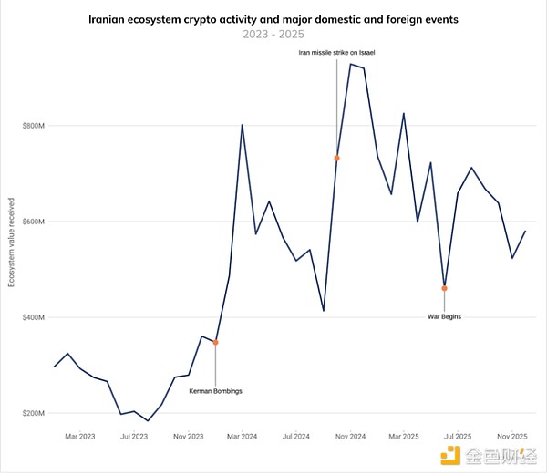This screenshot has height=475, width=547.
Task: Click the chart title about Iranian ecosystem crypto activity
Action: pyautogui.click(x=273, y=18)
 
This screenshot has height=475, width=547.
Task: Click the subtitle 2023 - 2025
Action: pyautogui.click(x=273, y=34)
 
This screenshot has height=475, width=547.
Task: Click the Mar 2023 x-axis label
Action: pyautogui.click(x=80, y=437)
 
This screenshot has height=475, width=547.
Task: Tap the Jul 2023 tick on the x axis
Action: pyautogui.click(x=134, y=437)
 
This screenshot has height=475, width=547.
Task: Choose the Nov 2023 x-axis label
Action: pyautogui.click(x=188, y=437)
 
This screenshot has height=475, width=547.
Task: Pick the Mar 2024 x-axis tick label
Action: pyautogui.click(x=242, y=437)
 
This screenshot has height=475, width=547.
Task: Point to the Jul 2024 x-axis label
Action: pyautogui.click(x=295, y=437)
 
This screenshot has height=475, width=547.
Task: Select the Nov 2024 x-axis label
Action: pyautogui.click(x=349, y=437)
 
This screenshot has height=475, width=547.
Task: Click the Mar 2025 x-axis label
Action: pyautogui.click(x=403, y=437)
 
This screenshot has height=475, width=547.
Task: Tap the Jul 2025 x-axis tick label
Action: pyautogui.click(x=457, y=437)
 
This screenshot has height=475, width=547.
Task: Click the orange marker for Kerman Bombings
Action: pyautogui.click(x=215, y=343)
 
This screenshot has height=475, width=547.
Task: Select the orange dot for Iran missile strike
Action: pyautogui.click(x=337, y=158)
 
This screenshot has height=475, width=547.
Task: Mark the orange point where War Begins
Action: pyautogui.click(x=444, y=288)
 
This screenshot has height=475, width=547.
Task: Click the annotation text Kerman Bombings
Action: pyautogui.click(x=215, y=391)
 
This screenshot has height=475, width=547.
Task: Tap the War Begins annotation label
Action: pyautogui.click(x=444, y=316)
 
